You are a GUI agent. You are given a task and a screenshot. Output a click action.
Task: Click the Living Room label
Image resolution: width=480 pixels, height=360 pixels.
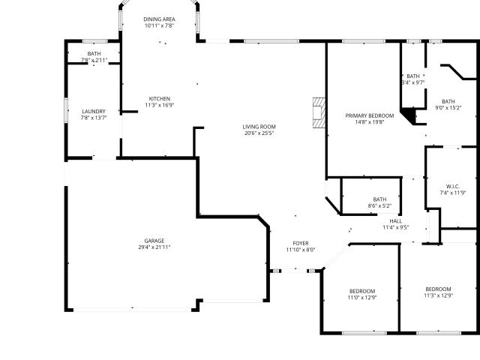259,127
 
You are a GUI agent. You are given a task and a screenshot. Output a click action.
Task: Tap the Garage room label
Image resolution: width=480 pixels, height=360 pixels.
154,241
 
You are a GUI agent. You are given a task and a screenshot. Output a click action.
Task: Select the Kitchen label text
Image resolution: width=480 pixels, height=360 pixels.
160,99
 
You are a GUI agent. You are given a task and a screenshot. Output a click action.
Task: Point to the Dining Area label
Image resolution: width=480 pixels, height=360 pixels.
160,19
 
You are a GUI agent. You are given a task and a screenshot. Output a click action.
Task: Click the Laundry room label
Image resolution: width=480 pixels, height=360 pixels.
94,112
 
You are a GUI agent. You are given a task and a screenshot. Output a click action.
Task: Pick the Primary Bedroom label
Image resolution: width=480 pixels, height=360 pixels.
370,115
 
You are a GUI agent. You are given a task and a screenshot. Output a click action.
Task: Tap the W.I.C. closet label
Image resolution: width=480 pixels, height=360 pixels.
453,187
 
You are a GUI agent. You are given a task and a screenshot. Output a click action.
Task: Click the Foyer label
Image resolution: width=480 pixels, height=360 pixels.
301,243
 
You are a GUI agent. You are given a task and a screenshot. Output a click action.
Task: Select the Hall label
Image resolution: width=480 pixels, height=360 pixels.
396,221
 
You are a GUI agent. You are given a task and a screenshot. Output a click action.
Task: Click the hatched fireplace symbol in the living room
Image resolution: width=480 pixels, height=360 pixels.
319,112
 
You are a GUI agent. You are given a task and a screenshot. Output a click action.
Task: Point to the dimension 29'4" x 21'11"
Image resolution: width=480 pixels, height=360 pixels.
154,247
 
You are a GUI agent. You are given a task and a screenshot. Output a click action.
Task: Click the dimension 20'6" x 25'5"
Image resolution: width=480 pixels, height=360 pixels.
259,133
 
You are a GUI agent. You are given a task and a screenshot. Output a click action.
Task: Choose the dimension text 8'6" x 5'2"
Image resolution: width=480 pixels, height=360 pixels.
379,206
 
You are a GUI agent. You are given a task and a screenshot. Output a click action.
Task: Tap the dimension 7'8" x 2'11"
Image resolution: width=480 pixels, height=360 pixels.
94,60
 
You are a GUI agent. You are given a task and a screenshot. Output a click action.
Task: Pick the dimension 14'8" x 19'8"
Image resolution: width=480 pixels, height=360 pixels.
370,122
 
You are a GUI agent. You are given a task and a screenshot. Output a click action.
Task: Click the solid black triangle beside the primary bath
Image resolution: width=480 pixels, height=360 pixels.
409,115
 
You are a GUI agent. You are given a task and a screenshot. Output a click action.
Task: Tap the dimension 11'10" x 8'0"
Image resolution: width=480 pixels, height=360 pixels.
301,250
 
